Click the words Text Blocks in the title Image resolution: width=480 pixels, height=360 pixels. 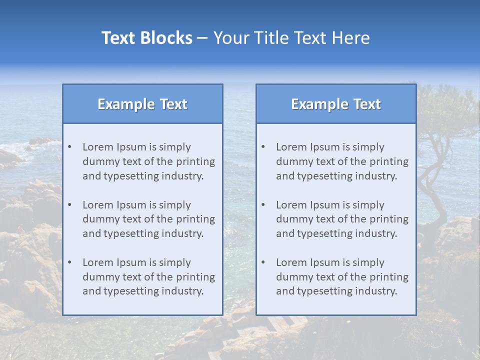pos(146,38)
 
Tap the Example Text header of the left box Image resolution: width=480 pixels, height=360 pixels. pos(142,104)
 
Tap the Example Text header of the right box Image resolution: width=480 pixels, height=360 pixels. pos(336,104)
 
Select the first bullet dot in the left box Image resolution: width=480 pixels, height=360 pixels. pos(69,147)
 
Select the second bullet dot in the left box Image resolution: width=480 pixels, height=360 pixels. pos(69,205)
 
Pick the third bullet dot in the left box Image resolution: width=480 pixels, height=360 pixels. pos(69,262)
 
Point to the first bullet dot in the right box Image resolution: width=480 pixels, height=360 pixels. pos(263,147)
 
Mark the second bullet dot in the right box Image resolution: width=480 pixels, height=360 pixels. pos(263,205)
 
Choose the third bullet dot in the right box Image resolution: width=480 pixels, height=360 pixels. pos(263,262)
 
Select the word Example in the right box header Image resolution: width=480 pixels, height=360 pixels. pos(313,104)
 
